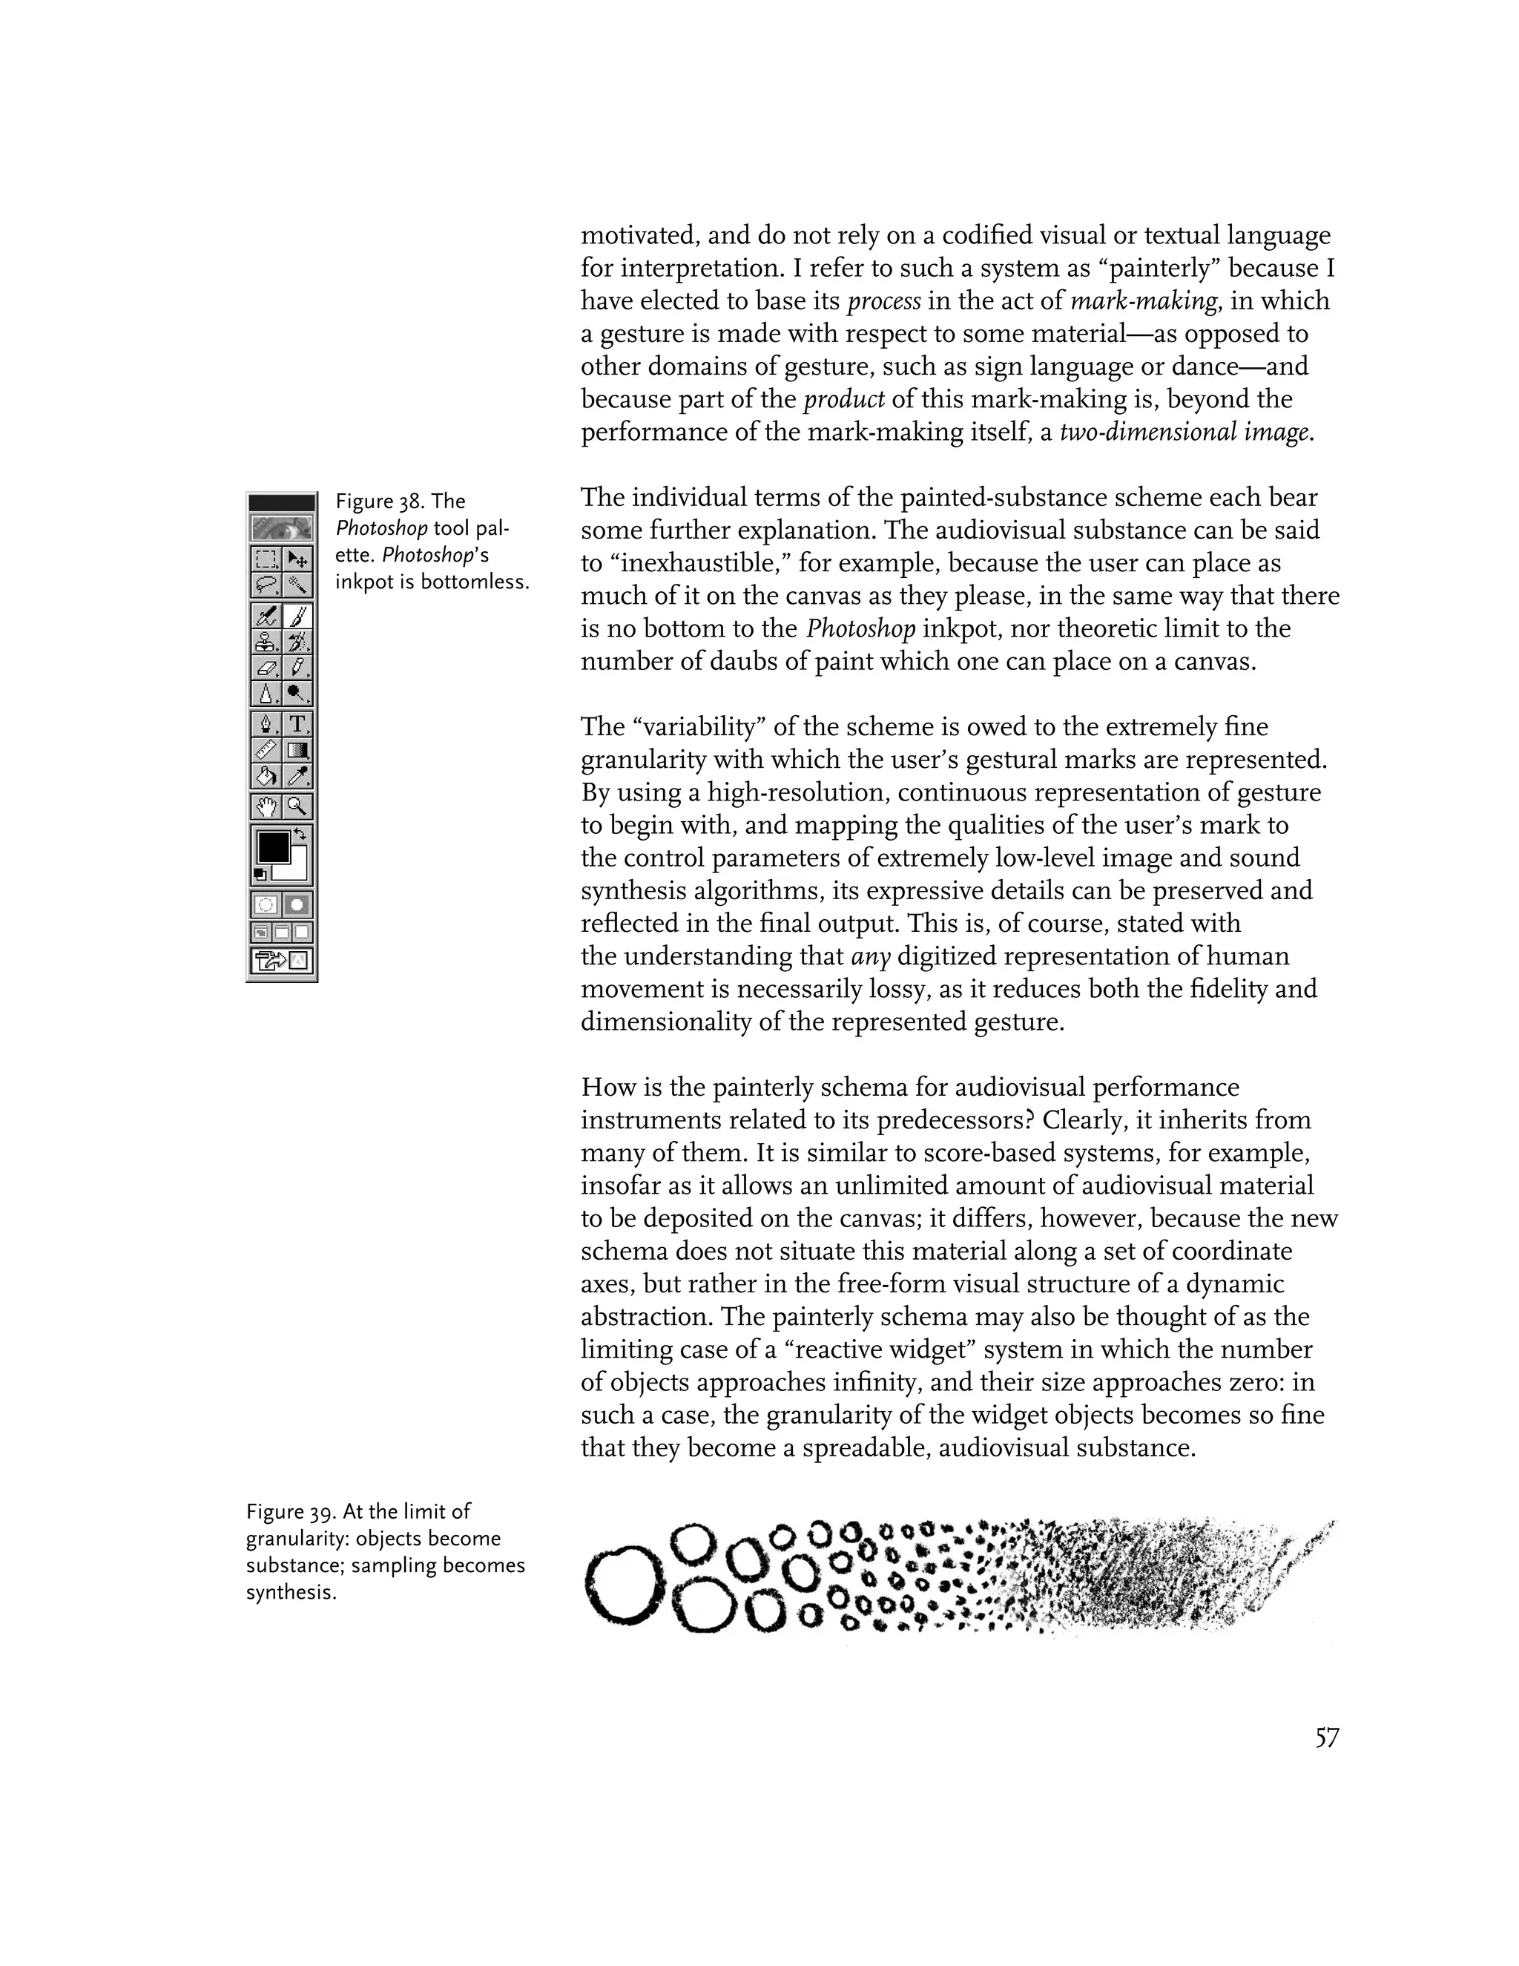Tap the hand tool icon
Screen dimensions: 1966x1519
point(267,806)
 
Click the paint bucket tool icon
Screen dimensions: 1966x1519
point(267,776)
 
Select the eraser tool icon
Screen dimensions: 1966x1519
point(267,668)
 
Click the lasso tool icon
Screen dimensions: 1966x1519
point(267,585)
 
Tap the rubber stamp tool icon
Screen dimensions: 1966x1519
point(267,642)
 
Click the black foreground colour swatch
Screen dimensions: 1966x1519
point(273,847)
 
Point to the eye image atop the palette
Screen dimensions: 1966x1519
point(282,527)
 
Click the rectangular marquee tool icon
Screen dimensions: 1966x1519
point(267,559)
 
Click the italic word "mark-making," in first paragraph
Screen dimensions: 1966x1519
point(1144,300)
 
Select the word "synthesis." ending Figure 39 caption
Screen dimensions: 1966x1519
point(291,1592)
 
